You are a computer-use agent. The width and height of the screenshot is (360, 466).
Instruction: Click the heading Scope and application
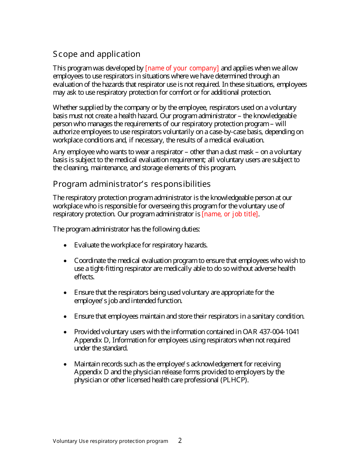point(97,54)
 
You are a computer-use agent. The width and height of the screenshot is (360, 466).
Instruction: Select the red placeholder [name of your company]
point(182,68)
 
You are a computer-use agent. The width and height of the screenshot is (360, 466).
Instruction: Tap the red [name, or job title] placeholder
point(230,214)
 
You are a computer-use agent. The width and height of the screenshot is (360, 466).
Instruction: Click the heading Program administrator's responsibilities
point(131,184)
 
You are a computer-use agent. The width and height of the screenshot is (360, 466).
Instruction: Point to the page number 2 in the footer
point(180,441)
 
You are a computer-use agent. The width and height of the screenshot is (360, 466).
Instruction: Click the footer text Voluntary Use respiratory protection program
point(110,441)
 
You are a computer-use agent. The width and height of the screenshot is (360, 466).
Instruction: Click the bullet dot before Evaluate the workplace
point(66,246)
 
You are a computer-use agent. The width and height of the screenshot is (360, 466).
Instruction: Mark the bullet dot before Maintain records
point(66,364)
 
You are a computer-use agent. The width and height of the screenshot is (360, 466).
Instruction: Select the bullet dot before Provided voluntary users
point(66,332)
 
